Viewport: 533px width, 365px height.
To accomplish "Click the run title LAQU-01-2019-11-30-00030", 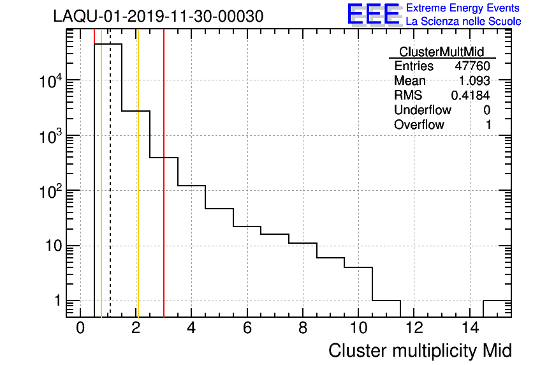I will pos(158,17).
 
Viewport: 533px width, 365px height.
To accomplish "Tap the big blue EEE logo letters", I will pos(374,14).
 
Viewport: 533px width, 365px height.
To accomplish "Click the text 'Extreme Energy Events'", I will pos(463,8).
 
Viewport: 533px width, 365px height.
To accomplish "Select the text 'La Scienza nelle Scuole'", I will pos(463,22).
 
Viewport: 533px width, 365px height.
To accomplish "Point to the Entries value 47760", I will pos(472,66).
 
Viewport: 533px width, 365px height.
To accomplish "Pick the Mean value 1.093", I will pos(474,81).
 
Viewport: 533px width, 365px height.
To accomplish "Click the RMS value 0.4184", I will pos(471,96).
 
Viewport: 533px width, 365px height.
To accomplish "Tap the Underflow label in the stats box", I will pos(422,110).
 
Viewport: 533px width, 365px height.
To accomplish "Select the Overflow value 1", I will pos(488,124).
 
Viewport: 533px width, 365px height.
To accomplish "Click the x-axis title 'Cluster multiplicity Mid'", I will pos(420,350).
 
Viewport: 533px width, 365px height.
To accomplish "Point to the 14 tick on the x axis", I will pos(469,328).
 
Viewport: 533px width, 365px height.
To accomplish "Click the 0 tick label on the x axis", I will pos(80,328).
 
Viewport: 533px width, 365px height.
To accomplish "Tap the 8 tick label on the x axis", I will pos(303,328).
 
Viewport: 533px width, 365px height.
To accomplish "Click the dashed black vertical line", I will pos(110,191).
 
